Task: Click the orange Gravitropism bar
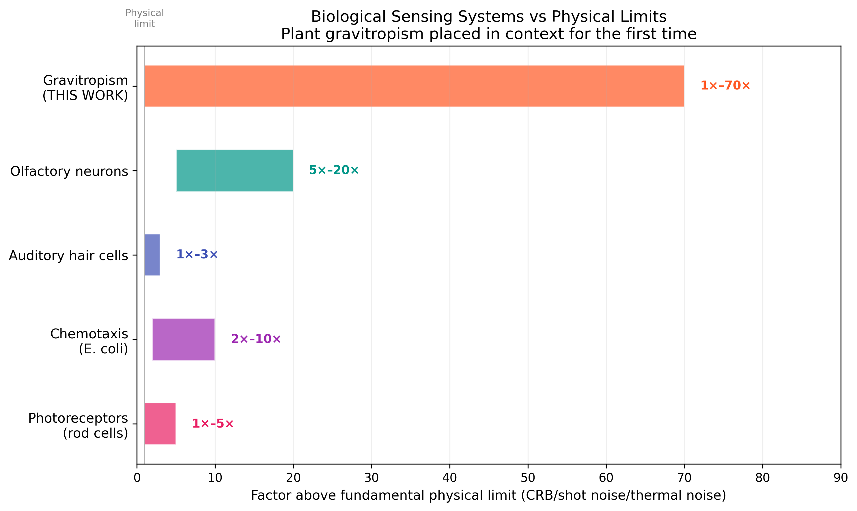coord(413,86)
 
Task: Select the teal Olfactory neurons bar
coord(234,170)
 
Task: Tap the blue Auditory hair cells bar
coord(152,255)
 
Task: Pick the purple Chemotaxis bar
coord(184,340)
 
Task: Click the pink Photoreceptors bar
coord(160,424)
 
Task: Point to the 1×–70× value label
coord(725,85)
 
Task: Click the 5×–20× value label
coord(333,170)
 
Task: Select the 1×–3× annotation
coord(197,254)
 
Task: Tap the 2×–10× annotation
coord(256,339)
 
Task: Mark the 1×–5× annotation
coord(213,424)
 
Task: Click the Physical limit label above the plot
coord(145,18)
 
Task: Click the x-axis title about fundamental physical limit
coord(488,495)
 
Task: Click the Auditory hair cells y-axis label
coord(68,255)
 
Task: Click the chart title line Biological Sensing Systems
coord(488,16)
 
